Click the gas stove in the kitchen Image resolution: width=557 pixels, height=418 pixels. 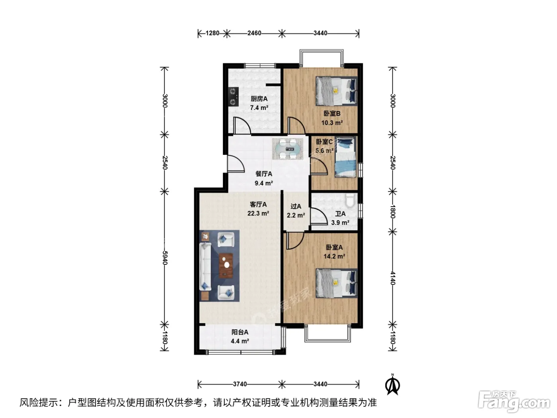[x=234, y=96]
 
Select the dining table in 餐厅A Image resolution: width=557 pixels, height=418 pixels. [x=288, y=149]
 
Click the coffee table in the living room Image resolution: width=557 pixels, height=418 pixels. [x=226, y=266]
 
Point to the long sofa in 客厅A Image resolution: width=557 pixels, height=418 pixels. [x=205, y=266]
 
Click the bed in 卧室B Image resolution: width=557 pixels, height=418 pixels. [x=337, y=91]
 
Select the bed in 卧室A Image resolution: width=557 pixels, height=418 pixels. [x=337, y=283]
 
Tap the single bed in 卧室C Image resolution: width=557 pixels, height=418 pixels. [x=345, y=157]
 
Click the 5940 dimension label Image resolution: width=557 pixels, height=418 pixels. [x=165, y=258]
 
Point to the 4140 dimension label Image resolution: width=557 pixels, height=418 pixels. [x=393, y=278]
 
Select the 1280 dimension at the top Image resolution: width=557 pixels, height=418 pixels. [x=212, y=33]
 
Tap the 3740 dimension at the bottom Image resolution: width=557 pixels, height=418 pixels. [x=240, y=384]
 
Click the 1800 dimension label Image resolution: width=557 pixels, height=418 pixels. [x=393, y=211]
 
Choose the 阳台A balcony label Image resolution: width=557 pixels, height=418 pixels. [x=240, y=332]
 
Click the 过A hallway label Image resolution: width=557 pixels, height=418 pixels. [x=296, y=206]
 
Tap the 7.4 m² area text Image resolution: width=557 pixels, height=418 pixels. [x=259, y=107]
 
